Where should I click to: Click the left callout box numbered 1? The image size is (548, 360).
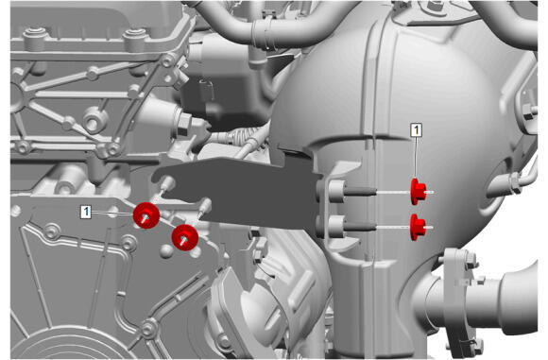86,212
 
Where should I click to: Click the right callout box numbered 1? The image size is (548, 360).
416,130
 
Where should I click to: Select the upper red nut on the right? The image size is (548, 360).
418,192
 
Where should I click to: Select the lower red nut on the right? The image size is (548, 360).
418,227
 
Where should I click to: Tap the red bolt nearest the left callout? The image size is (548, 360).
146,215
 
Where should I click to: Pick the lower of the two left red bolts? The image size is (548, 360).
185,238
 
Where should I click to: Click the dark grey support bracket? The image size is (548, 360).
238,192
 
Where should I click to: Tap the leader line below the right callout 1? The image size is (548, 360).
416,158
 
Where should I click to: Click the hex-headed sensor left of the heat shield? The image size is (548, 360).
183,124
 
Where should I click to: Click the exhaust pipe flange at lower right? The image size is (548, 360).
459,300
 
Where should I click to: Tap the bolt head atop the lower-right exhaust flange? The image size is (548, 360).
471,259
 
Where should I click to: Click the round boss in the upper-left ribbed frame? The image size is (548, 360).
95,120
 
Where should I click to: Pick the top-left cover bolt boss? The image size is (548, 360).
35,37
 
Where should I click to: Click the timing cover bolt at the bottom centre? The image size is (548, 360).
149,329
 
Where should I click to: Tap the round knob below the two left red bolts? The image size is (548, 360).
167,250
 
